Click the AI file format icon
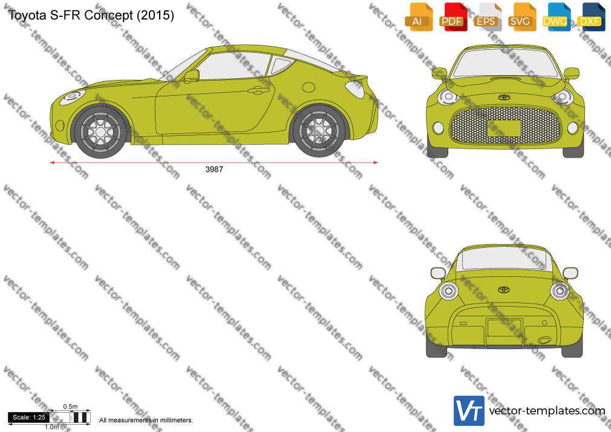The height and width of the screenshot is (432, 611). [419, 17]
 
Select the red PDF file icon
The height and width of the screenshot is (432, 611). [453, 17]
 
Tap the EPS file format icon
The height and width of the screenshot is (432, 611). [488, 17]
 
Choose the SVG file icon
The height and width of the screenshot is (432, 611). [521, 17]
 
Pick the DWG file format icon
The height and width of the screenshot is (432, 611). [557, 17]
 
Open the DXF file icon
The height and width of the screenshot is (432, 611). [591, 17]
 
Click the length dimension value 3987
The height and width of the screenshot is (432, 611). [214, 169]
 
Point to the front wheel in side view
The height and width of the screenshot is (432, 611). [100, 132]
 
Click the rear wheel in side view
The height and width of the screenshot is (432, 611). [319, 131]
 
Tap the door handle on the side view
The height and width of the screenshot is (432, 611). [258, 91]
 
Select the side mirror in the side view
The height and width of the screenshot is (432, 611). [192, 75]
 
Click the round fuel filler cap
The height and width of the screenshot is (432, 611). [309, 87]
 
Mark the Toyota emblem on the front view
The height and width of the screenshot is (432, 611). [504, 97]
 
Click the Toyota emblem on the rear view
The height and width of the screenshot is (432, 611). [504, 290]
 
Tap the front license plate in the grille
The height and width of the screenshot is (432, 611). [504, 128]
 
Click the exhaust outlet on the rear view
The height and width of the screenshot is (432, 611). [544, 341]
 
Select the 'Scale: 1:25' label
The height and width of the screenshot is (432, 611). [29, 417]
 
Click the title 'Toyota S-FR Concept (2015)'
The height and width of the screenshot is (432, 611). [91, 15]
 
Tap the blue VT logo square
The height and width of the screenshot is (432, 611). [469, 411]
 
